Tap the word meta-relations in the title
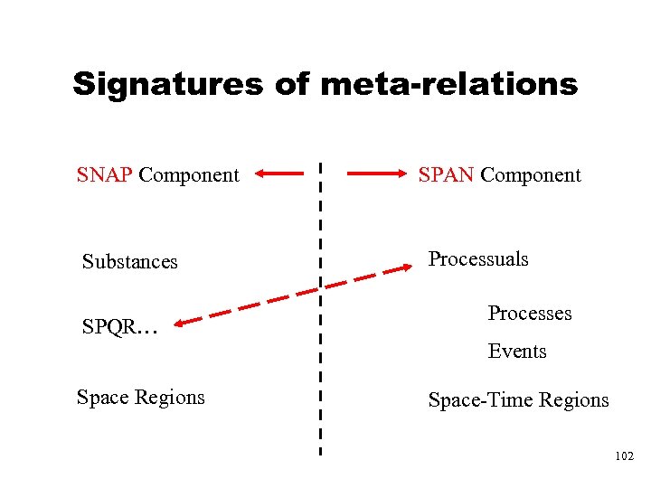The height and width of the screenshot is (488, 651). (x=448, y=84)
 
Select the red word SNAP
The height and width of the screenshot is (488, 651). (x=105, y=174)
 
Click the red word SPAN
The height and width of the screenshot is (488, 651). (x=446, y=174)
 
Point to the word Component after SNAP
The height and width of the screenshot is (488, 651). (x=189, y=174)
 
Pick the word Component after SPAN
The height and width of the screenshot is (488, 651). (x=531, y=174)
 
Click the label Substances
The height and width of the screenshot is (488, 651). (x=129, y=262)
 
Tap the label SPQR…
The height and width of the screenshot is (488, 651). (x=119, y=327)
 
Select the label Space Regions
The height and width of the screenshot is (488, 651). (x=140, y=397)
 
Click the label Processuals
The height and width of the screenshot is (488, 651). (x=478, y=259)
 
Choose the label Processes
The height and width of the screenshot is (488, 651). (x=530, y=314)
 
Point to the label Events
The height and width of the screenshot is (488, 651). (x=517, y=351)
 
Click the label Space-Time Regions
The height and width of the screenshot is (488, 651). (x=518, y=399)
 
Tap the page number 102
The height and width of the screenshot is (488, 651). (x=623, y=457)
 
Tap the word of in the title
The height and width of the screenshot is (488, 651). (x=292, y=84)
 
